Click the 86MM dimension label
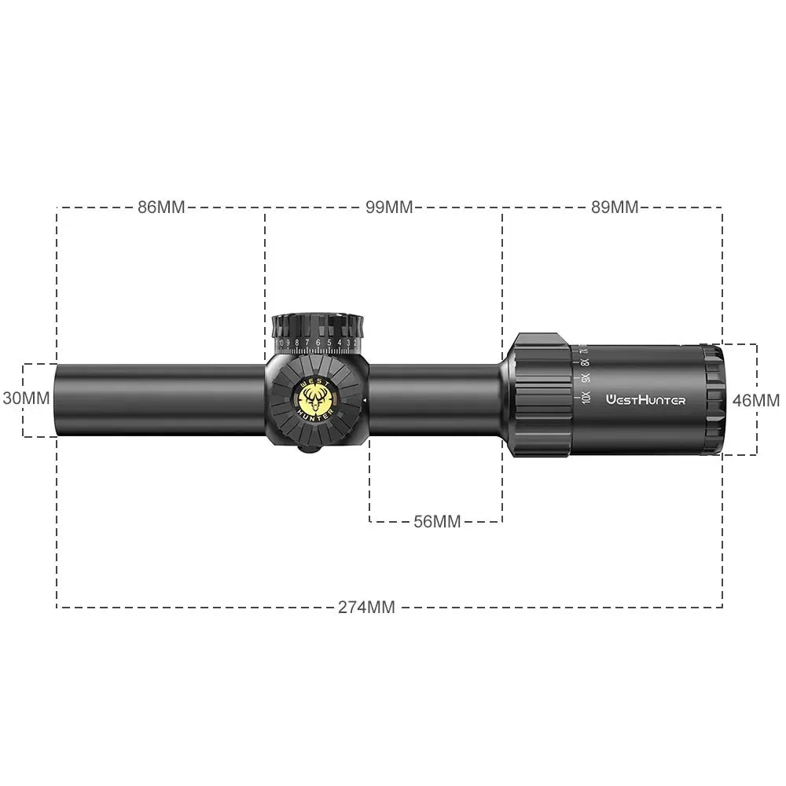click(x=160, y=208)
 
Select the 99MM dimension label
click(x=388, y=208)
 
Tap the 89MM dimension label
click(x=615, y=208)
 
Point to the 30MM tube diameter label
click(x=26, y=398)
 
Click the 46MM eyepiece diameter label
click(x=755, y=400)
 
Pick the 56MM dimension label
click(x=437, y=522)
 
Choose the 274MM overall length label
click(x=366, y=607)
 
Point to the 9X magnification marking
click(x=586, y=378)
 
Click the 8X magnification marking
click(x=585, y=362)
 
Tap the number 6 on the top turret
click(x=318, y=343)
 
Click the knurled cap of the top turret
click(x=318, y=325)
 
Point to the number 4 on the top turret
click(x=339, y=343)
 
